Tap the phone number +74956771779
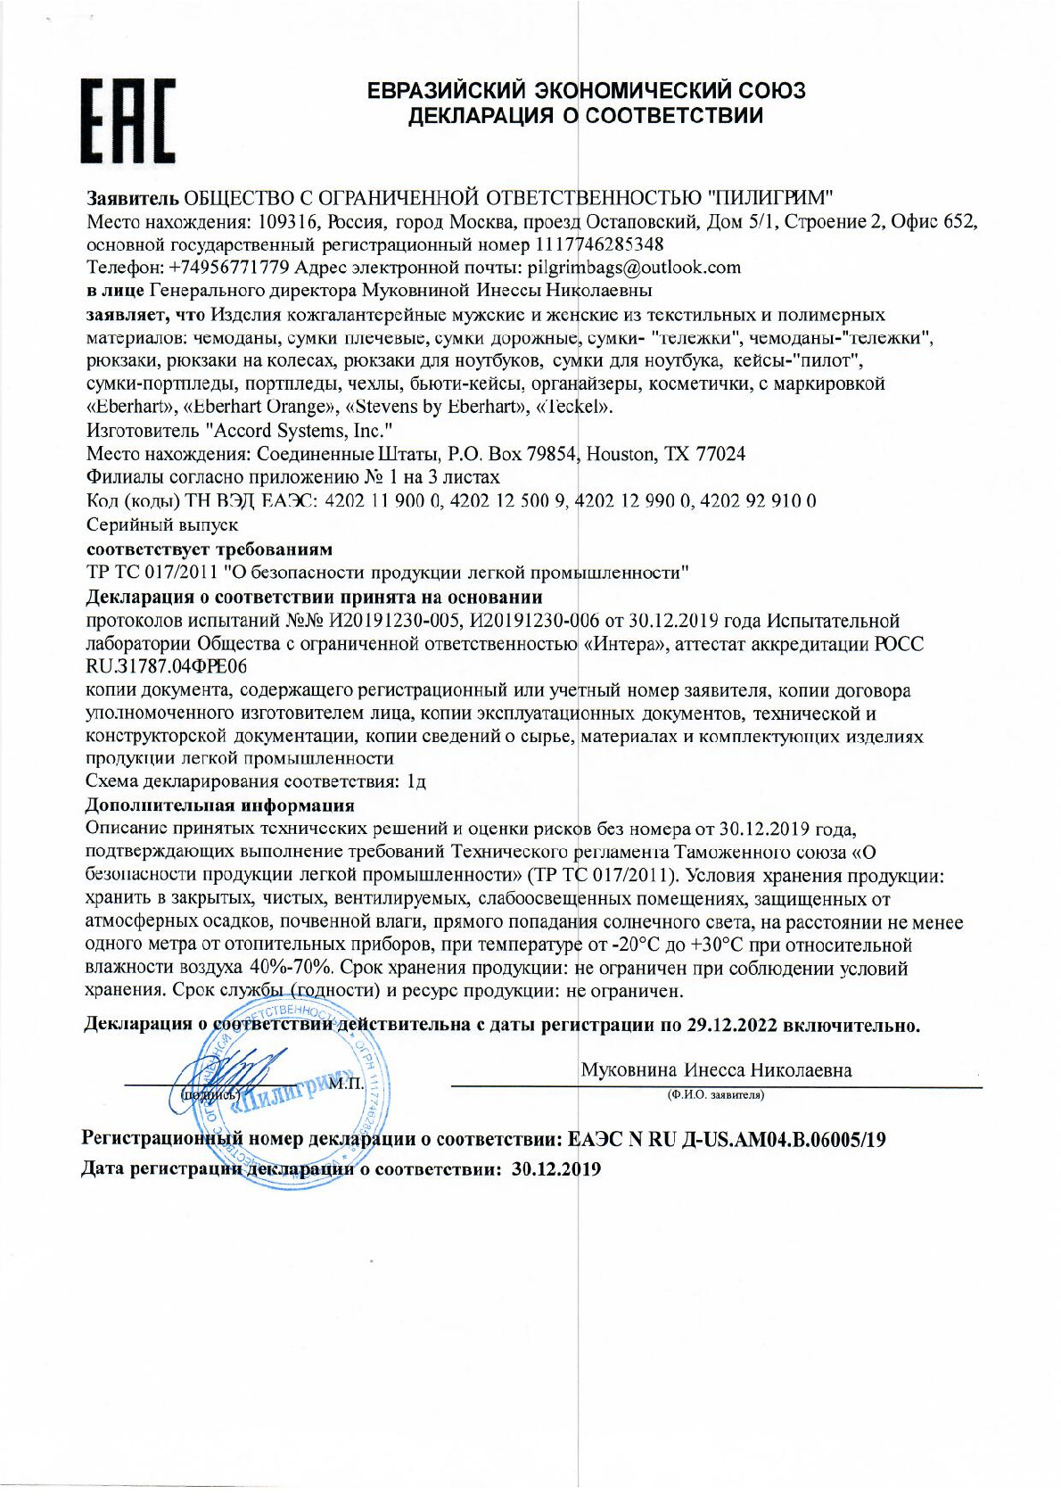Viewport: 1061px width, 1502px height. [x=229, y=268]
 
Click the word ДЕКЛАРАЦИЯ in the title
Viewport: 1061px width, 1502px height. [x=486, y=116]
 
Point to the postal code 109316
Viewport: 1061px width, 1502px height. [x=286, y=221]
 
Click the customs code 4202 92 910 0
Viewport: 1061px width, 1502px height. [x=759, y=501]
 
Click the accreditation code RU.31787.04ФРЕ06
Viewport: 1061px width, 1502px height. [x=167, y=666]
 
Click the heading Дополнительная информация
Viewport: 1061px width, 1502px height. [x=207, y=805]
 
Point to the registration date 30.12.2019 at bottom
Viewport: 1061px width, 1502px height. [x=556, y=1169]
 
